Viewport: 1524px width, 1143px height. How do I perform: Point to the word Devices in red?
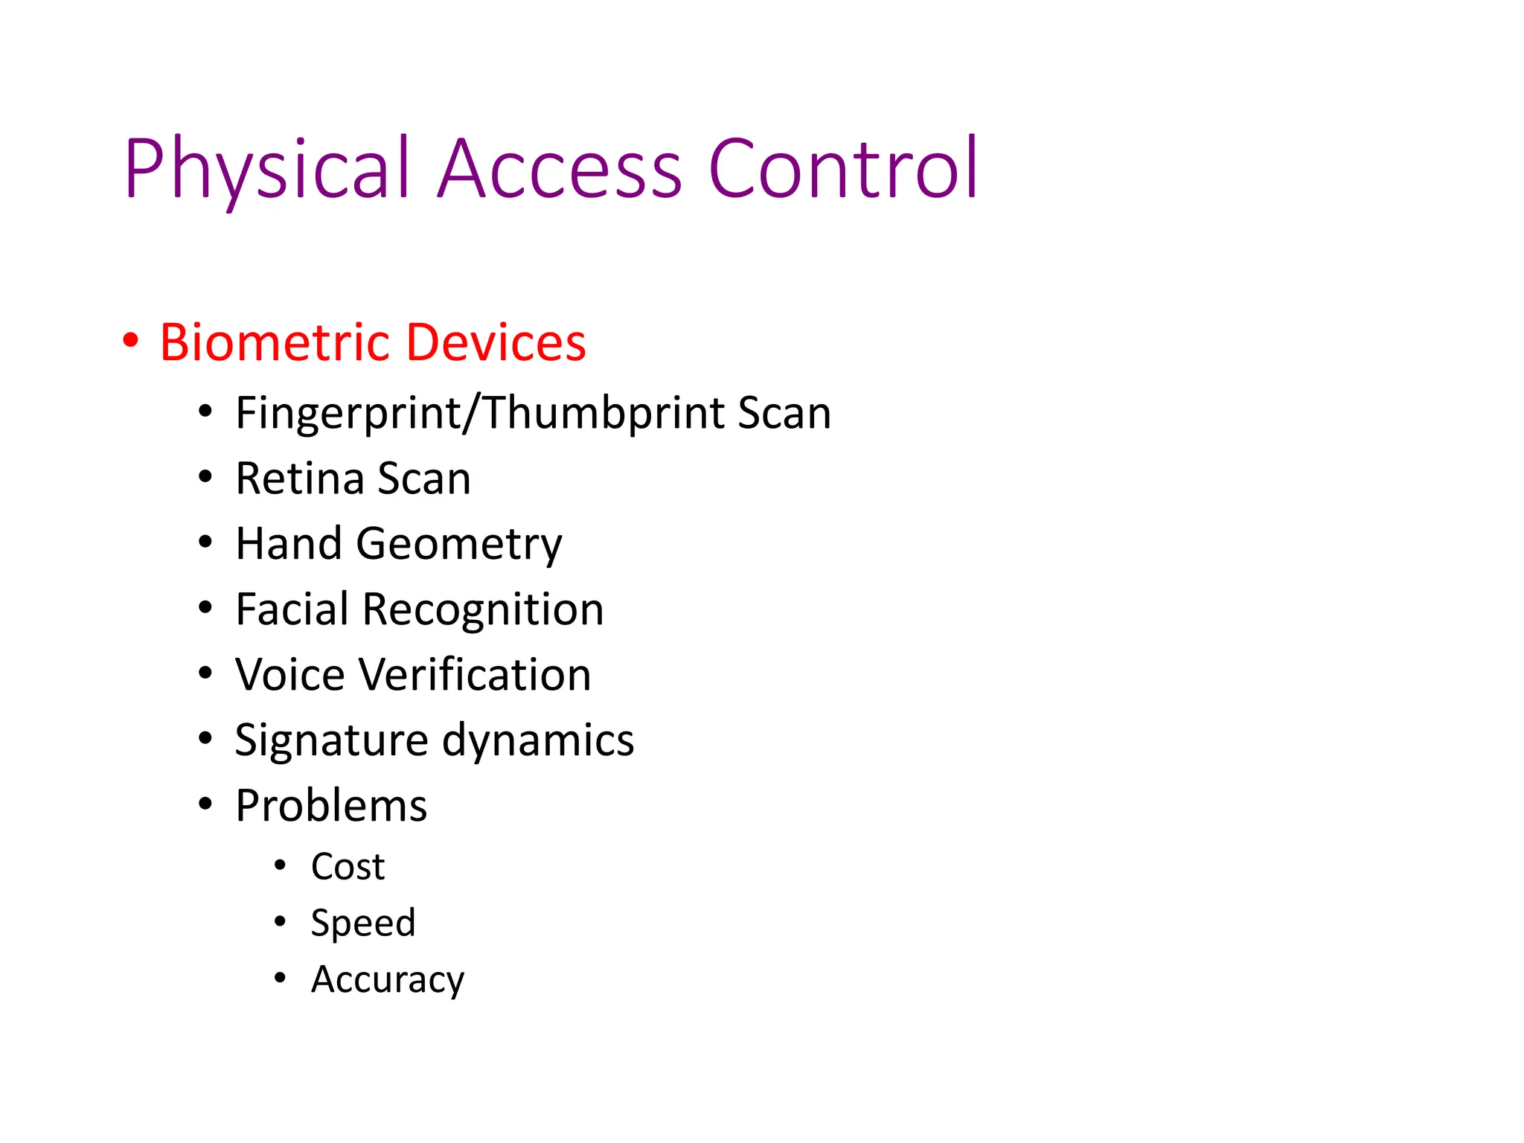pyautogui.click(x=496, y=343)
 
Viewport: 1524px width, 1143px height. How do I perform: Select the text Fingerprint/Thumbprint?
pyautogui.click(x=480, y=414)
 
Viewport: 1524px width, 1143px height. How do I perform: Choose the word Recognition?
pyautogui.click(x=482, y=609)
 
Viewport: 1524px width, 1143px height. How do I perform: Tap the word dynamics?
pyautogui.click(x=538, y=741)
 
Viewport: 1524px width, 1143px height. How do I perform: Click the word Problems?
pyautogui.click(x=331, y=806)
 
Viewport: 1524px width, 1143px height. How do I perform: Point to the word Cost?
pyautogui.click(x=348, y=867)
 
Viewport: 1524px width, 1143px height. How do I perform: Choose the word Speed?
pyautogui.click(x=363, y=923)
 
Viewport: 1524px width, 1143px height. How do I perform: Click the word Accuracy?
pyautogui.click(x=387, y=980)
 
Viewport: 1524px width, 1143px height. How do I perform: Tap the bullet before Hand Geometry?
pyautogui.click(x=205, y=542)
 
